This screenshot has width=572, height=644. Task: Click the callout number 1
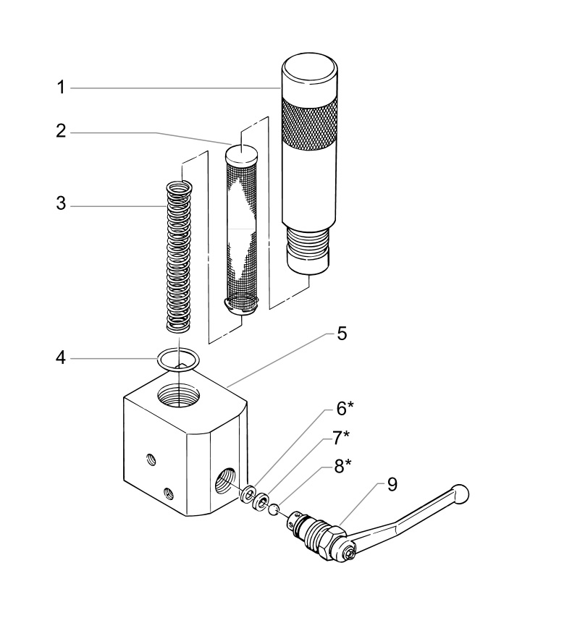click(62, 88)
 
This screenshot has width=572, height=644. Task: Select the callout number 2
click(62, 132)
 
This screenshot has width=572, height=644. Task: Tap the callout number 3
click(62, 205)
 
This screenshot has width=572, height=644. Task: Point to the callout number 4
click(62, 358)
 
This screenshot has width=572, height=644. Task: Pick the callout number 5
click(341, 334)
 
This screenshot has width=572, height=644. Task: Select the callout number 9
click(392, 484)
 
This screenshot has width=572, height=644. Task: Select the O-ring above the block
click(177, 359)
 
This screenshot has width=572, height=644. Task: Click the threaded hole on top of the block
click(177, 397)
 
